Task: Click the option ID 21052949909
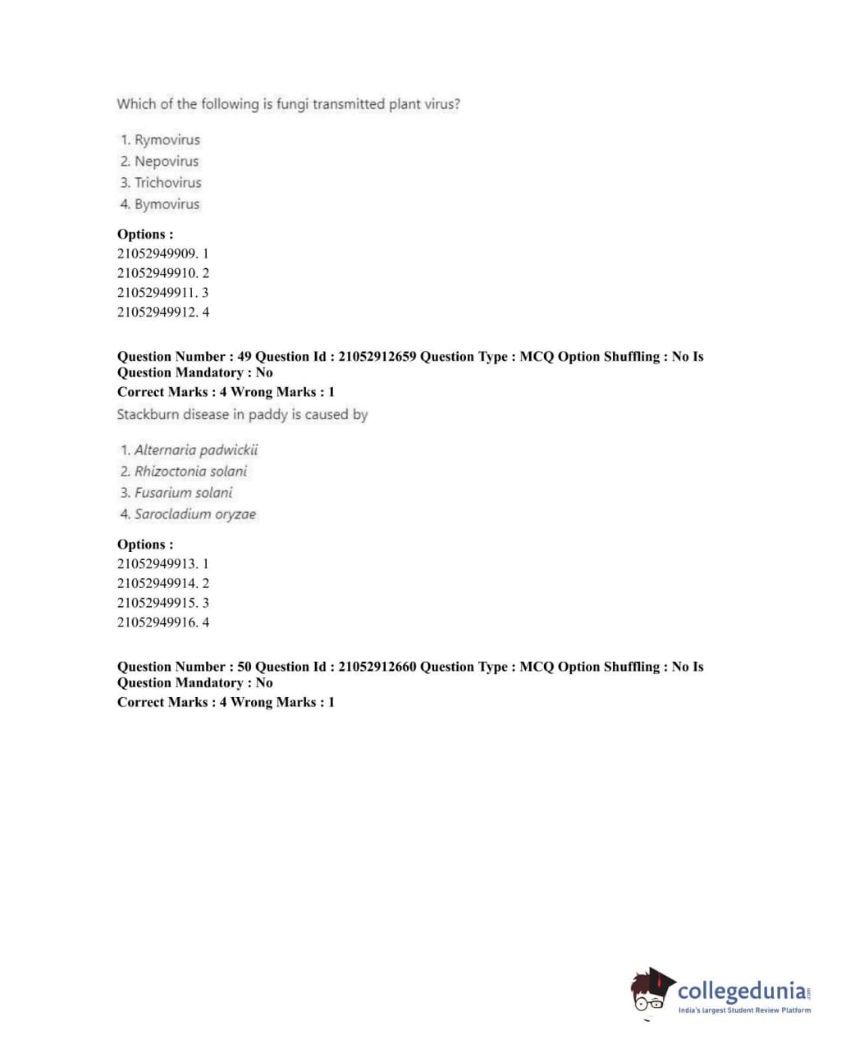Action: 157,253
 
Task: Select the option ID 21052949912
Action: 157,312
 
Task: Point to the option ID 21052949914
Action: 157,583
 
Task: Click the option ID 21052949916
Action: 157,622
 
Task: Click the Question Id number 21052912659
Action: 377,357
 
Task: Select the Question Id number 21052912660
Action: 377,667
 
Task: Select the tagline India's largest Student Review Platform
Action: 744,1010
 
